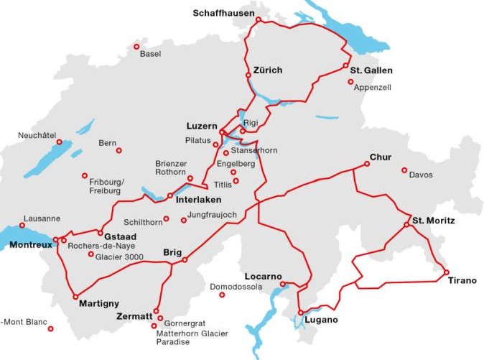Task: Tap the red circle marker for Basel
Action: [x=136, y=47]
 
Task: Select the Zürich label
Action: [x=268, y=70]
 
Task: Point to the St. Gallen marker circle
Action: [x=345, y=66]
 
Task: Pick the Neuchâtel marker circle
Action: [x=60, y=142]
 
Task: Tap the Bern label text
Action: [x=107, y=144]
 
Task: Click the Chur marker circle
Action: [x=367, y=164]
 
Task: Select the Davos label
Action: [x=421, y=175]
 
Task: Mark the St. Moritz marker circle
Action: [x=406, y=225]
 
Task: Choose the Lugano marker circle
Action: [x=300, y=313]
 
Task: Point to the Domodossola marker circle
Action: [x=223, y=295]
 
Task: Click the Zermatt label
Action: [x=134, y=316]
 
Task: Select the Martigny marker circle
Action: [x=75, y=296]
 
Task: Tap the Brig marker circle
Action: [x=185, y=259]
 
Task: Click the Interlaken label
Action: [x=198, y=200]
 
